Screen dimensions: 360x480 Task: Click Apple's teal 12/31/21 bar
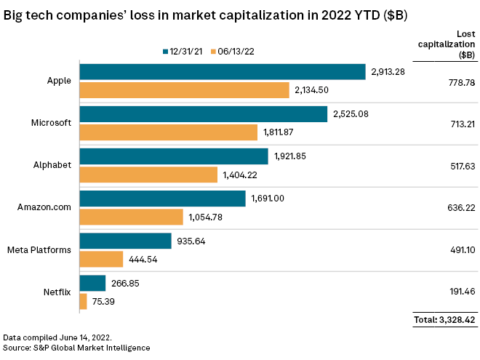[x=222, y=71]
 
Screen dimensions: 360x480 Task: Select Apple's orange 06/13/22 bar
[x=185, y=90]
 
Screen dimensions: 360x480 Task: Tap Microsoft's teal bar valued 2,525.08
[x=203, y=114]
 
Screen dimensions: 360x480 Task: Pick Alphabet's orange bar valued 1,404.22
[x=148, y=175]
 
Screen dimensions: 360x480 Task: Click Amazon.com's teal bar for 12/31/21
[x=162, y=199]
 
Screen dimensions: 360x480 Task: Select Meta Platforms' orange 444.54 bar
[x=101, y=259]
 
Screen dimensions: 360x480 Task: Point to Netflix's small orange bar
[x=83, y=301]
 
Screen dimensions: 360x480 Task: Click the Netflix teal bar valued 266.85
[x=92, y=283]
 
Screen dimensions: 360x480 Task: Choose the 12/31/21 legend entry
[x=183, y=51]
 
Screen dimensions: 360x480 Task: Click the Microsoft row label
[x=52, y=123]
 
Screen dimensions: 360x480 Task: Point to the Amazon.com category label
[x=45, y=207]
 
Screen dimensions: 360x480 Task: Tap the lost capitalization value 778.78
[x=455, y=81]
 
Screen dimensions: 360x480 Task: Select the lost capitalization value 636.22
[x=455, y=207]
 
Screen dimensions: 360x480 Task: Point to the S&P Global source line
[x=76, y=348]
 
